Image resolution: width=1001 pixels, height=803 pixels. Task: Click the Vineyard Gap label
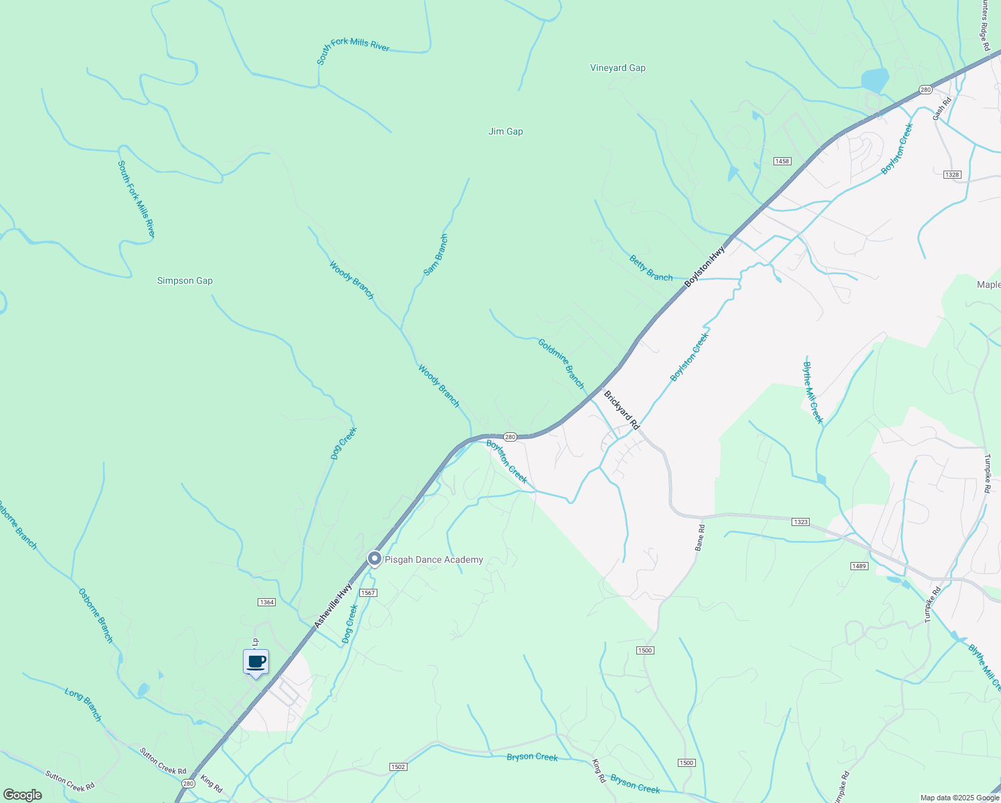pos(618,68)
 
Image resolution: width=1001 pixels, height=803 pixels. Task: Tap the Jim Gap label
pos(505,131)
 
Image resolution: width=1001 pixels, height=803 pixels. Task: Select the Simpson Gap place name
pos(185,280)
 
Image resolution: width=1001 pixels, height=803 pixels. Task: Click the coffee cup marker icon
pos(256,662)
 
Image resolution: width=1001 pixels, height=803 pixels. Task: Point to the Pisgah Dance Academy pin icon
pos(375,559)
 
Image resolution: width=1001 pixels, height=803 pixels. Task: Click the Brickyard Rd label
pos(622,410)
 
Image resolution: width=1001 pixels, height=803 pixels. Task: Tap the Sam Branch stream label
pos(436,255)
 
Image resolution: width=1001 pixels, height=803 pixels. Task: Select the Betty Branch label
pos(650,268)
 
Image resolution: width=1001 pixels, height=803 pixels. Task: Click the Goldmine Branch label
pos(561,363)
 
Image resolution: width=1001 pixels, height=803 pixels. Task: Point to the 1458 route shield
pos(782,161)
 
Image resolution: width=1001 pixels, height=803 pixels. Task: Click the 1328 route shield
pos(951,175)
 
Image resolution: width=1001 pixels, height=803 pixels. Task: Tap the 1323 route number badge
pos(800,521)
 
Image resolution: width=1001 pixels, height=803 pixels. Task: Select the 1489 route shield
pos(859,566)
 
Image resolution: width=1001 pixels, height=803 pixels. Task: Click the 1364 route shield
pos(266,602)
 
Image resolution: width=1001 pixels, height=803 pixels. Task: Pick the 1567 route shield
pos(368,593)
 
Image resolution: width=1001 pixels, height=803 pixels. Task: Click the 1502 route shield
pos(397,767)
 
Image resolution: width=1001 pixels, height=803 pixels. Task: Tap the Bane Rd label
pos(699,537)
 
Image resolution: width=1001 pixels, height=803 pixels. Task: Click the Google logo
pos(22,795)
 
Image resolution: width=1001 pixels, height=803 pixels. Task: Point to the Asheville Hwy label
pos(333,605)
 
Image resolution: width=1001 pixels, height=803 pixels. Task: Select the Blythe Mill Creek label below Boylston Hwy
pos(812,392)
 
